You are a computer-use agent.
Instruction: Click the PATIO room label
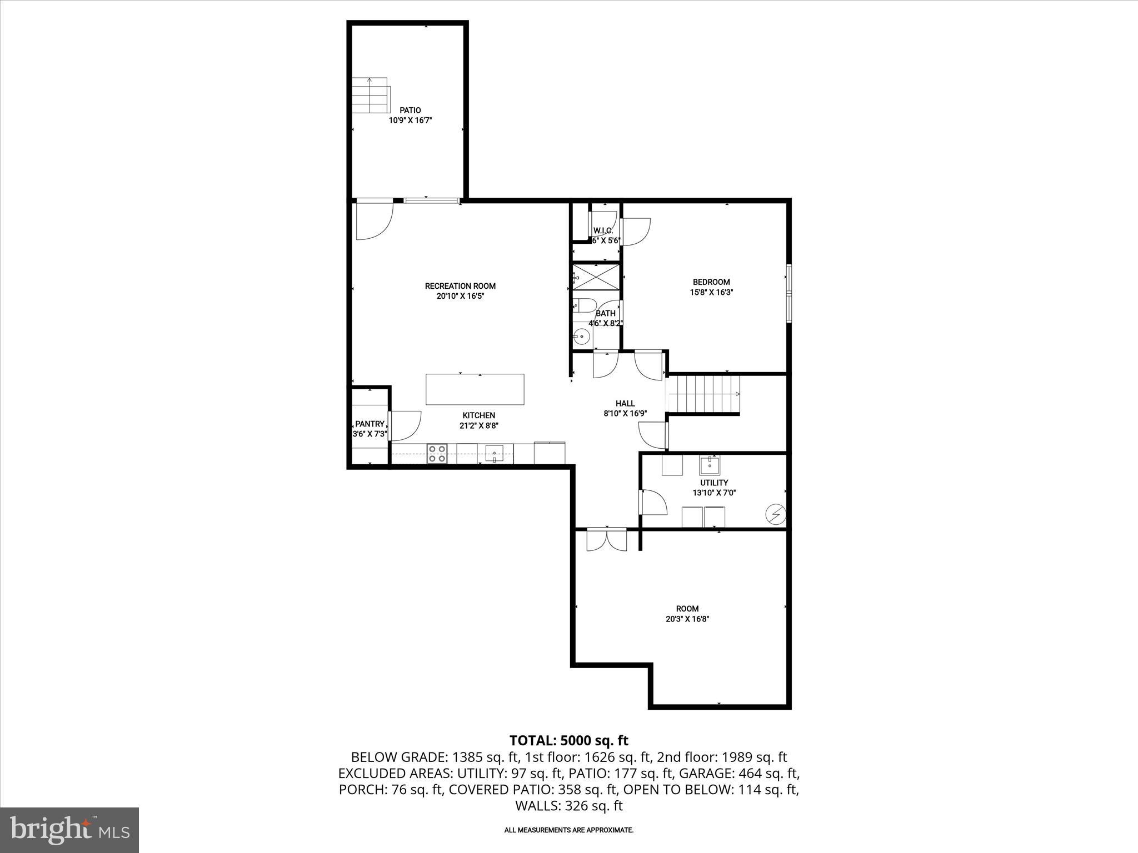click(410, 111)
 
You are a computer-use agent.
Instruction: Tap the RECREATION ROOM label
click(460, 286)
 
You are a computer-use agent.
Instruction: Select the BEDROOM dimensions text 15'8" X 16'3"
click(711, 292)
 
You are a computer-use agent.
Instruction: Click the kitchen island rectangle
click(475, 389)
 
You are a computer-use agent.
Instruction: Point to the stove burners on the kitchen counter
click(437, 453)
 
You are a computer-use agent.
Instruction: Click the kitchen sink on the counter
click(494, 454)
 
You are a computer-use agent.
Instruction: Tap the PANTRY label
click(370, 424)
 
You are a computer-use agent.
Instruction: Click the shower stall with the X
click(595, 276)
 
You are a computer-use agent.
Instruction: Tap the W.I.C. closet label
click(603, 230)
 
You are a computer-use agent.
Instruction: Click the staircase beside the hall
click(704, 394)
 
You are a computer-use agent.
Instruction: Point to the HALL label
click(625, 404)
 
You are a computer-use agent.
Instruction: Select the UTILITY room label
click(714, 483)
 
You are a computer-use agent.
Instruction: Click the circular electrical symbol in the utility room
click(775, 515)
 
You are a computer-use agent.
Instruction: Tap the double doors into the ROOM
click(606, 540)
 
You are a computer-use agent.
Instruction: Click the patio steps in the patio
click(370, 95)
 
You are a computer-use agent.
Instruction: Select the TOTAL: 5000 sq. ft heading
click(568, 740)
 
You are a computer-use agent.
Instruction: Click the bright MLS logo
click(69, 830)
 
